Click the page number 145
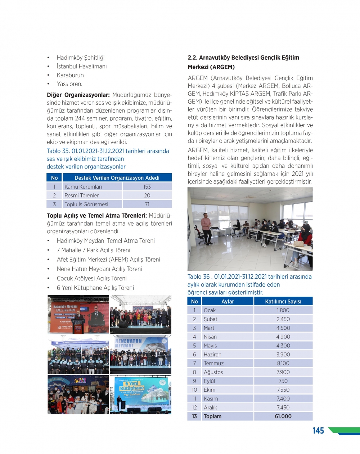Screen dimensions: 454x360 click(x=318, y=431)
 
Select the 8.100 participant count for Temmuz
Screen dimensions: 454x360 click(x=283, y=364)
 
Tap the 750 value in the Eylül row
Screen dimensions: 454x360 click(x=283, y=381)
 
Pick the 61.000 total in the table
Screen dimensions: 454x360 click(x=283, y=417)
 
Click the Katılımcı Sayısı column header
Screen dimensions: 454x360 click(x=283, y=302)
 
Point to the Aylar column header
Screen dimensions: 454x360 click(x=228, y=302)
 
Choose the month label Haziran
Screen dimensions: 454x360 click(x=212, y=355)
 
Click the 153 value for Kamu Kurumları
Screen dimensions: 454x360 click(x=147, y=187)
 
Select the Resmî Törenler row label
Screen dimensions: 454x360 click(x=81, y=195)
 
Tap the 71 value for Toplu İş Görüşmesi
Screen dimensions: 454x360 click(x=147, y=204)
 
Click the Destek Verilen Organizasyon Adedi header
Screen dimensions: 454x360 click(x=117, y=178)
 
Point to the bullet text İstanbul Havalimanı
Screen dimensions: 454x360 click(x=82, y=67)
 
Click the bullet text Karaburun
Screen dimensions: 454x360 click(x=70, y=75)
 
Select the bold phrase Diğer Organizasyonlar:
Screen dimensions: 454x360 click(x=78, y=95)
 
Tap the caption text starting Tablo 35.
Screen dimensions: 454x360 click(x=108, y=151)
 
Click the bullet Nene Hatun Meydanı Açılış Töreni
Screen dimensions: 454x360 click(x=99, y=269)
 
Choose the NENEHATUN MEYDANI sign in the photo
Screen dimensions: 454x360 click(x=129, y=343)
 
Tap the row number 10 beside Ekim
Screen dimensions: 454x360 click(x=194, y=390)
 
